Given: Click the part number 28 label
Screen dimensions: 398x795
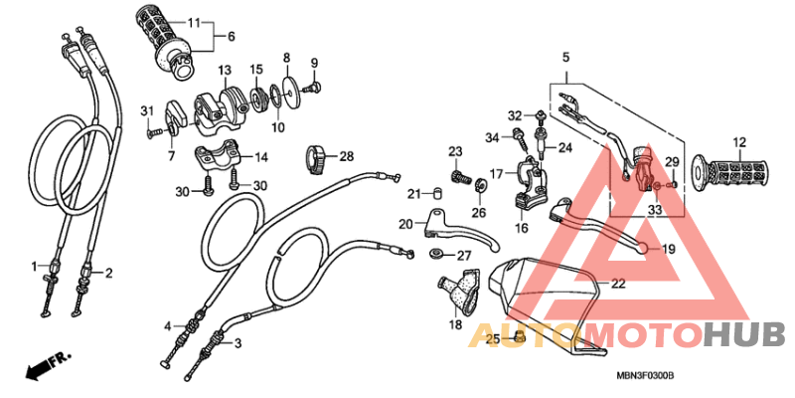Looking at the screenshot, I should pos(347,157).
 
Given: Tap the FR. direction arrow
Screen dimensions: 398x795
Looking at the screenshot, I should pos(44,365).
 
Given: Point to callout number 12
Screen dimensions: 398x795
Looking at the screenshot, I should pos(740,142).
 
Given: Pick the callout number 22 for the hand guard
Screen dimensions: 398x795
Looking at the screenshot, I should pos(618,284).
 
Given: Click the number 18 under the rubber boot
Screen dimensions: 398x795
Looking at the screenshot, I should pos(456,325).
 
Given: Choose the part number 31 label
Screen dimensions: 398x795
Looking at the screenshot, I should pos(145,109).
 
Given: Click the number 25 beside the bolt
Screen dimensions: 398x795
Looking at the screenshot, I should pos(490,340).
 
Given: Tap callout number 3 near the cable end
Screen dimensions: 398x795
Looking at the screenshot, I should pos(238,343).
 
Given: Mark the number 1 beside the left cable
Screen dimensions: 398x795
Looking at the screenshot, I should pos(33,267).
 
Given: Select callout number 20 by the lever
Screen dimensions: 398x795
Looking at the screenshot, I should pos(404,223).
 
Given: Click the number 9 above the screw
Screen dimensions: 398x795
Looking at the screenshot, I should pos(315,62).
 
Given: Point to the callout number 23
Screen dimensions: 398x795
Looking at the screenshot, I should pos(455,151).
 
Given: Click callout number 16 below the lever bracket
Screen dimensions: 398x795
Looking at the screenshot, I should pos(520,228).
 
